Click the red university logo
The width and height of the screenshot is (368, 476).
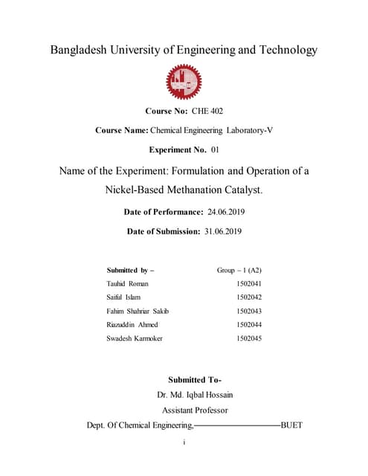183,83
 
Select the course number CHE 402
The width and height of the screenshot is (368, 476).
207,112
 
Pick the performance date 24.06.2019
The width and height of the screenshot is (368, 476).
226,213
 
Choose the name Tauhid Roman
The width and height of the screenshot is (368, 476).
128,283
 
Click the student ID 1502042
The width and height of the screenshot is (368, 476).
249,297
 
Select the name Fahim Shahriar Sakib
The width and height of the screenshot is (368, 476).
143,311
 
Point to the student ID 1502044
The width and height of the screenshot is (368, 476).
249,324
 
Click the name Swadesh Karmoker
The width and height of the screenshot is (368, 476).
135,338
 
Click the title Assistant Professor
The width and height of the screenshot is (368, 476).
195,410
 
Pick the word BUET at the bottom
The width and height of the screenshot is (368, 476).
292,425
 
